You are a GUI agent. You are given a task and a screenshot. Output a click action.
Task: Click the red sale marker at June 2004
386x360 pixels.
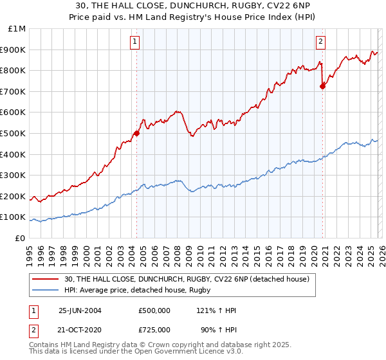[136, 133]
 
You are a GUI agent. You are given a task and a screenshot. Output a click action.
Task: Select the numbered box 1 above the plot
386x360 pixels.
[136, 42]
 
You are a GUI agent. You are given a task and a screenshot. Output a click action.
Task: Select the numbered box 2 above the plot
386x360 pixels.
[320, 42]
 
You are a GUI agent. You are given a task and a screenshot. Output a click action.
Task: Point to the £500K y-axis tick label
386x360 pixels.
[15, 133]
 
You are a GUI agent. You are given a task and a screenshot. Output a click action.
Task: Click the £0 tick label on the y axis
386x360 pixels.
[21, 238]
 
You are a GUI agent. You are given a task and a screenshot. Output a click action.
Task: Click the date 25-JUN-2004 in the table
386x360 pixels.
[80, 310]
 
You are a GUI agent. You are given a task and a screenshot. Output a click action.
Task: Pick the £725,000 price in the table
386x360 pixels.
[154, 329]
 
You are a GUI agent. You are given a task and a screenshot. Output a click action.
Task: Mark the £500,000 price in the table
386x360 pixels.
[154, 310]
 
